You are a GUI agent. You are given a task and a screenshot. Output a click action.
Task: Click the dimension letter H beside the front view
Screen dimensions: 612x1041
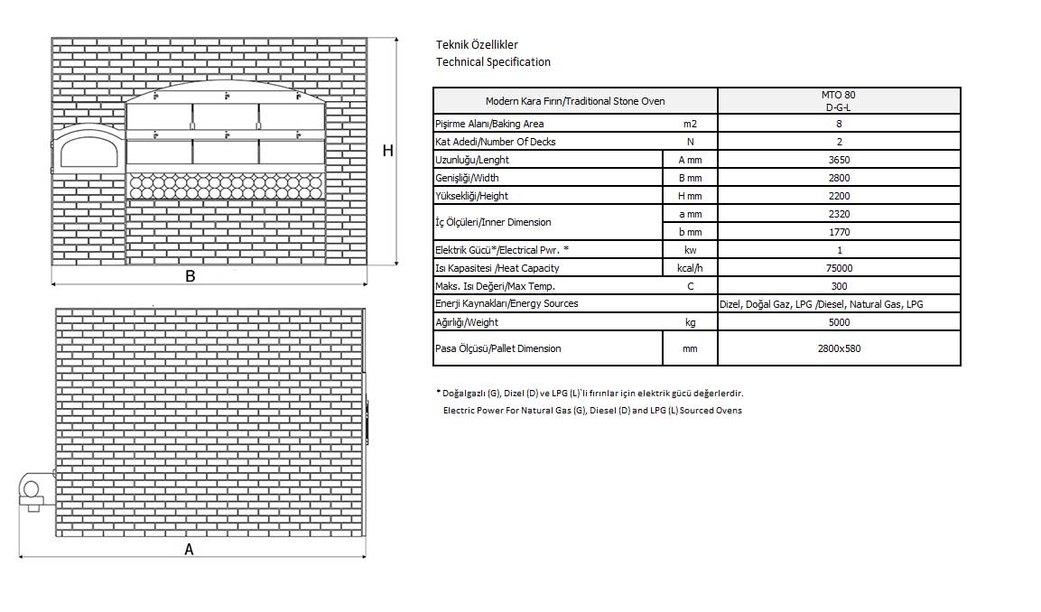387,151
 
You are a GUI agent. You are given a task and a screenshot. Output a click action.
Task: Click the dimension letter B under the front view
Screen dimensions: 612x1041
191,276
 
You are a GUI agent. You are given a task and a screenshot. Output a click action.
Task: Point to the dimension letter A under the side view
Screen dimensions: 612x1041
189,549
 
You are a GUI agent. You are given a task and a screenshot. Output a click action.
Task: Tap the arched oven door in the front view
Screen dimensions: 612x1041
88,150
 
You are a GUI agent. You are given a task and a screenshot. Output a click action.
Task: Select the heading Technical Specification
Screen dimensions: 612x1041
493,62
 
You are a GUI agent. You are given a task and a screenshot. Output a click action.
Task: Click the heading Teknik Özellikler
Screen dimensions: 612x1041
477,44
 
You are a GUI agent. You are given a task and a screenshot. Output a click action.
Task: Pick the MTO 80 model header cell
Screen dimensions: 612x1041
839,100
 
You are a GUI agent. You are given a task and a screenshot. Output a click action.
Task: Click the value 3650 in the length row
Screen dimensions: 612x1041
839,160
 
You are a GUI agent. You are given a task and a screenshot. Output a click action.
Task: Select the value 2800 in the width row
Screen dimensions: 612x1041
839,178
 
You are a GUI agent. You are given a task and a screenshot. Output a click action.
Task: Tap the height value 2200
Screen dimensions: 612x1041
839,196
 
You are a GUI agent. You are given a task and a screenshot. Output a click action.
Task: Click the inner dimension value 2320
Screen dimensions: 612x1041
839,214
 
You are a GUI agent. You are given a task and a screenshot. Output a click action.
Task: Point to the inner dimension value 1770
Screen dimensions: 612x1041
839,232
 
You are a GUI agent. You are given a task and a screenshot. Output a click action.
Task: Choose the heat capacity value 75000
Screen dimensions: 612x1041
839,268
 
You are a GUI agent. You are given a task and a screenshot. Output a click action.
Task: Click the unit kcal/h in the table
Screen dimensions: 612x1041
690,268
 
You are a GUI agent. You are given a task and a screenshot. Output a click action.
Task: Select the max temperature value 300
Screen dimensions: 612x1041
839,286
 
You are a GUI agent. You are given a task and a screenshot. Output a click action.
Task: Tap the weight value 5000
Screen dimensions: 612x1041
839,322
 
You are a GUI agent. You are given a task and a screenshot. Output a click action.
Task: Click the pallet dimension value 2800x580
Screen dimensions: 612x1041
839,348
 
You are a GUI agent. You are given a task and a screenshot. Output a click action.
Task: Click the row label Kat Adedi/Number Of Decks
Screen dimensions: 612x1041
495,142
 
